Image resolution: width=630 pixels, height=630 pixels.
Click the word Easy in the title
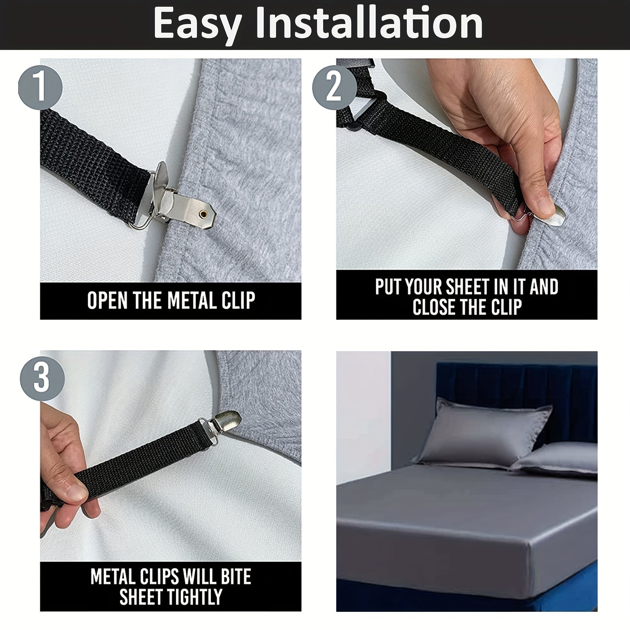pos(197,24)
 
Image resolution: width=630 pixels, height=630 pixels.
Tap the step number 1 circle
pos(41,87)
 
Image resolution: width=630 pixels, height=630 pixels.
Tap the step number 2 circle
pos(334,87)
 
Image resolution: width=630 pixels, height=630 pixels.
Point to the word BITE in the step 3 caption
pos(235,577)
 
